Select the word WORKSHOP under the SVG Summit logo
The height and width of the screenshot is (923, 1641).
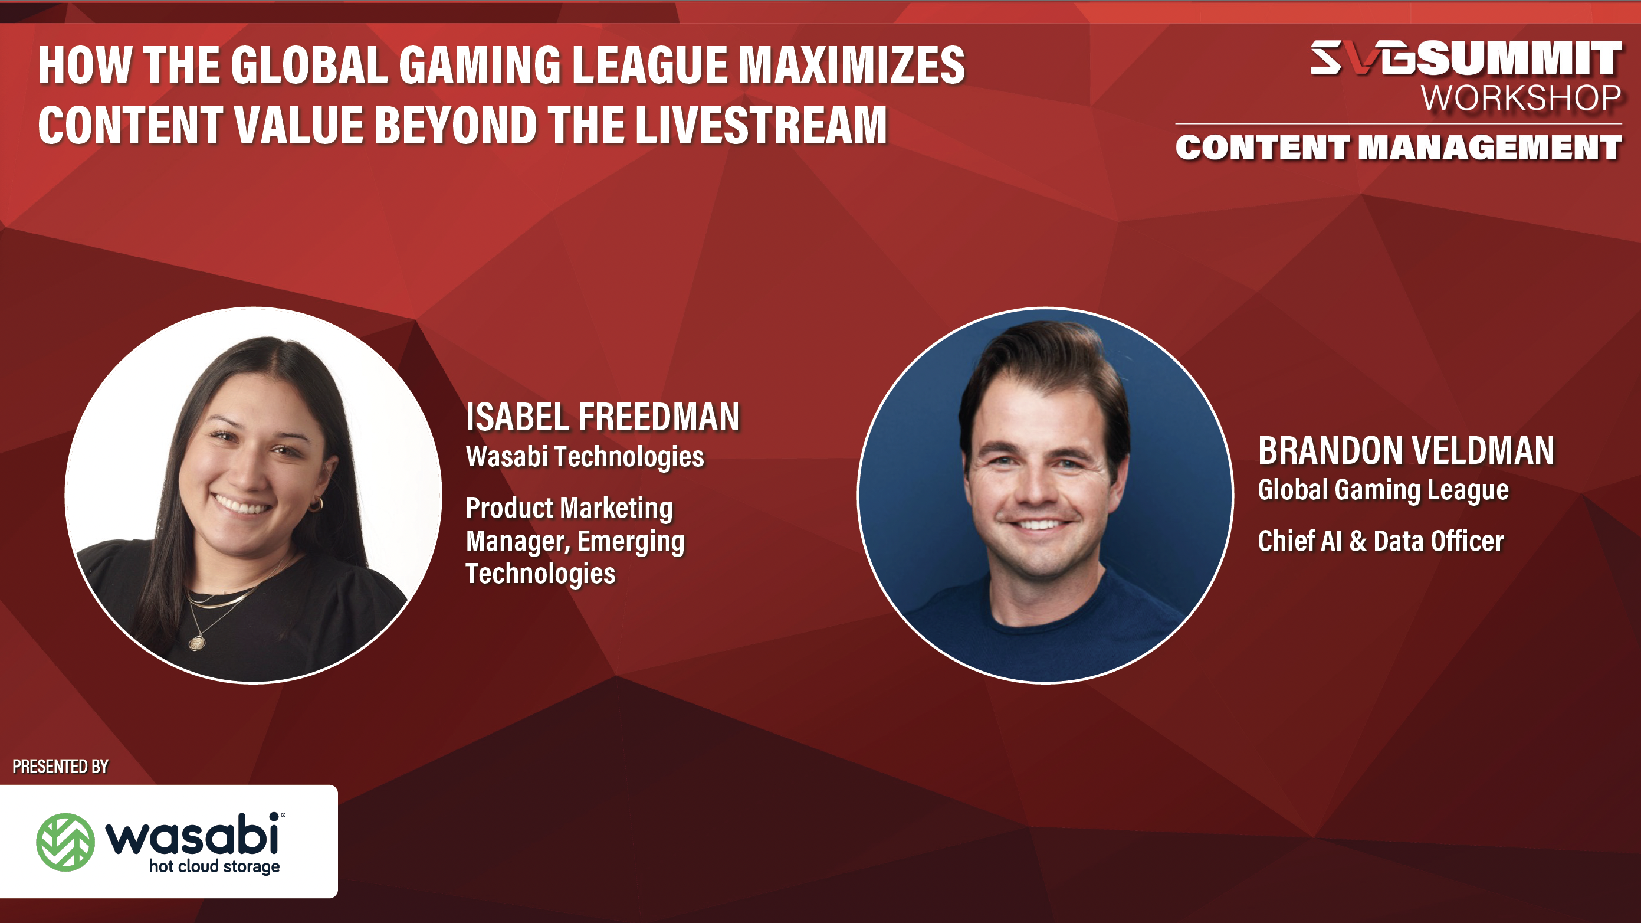click(1521, 99)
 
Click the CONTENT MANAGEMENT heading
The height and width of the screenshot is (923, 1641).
click(1399, 148)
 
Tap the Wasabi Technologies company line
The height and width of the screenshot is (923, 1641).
click(585, 457)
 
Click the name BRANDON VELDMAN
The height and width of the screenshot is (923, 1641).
click(1406, 451)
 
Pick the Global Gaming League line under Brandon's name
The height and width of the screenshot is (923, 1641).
click(1383, 490)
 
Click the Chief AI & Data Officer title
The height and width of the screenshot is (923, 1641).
click(1380, 541)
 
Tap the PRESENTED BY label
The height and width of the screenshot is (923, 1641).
click(61, 766)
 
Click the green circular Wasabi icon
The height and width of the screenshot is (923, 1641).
click(65, 842)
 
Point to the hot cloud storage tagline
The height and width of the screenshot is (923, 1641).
click(214, 867)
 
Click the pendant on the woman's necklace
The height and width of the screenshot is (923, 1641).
click(197, 643)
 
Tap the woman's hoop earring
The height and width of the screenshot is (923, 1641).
click(317, 505)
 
